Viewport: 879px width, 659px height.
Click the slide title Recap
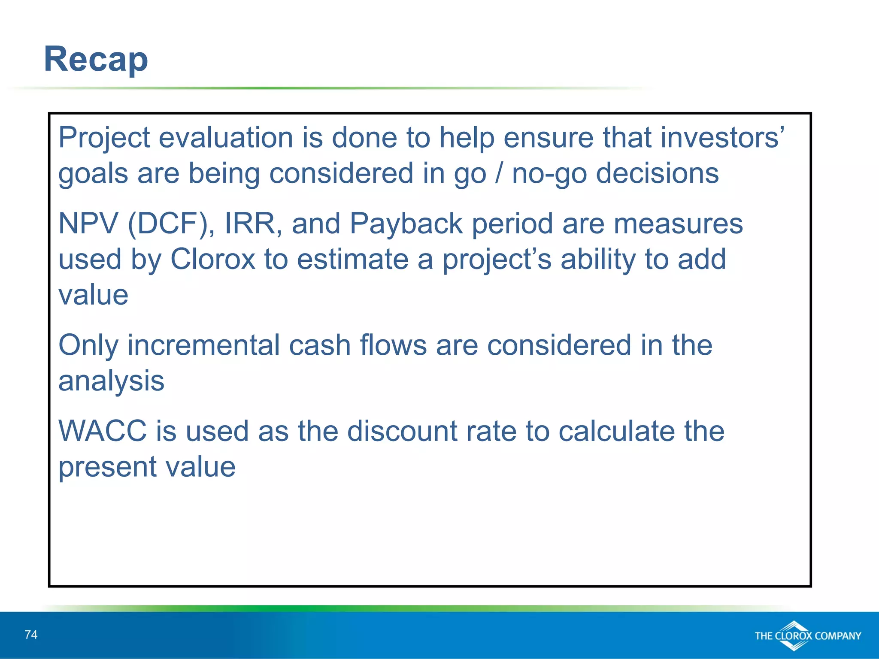(x=96, y=59)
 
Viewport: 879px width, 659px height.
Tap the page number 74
(x=31, y=635)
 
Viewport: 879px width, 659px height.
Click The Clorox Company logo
(x=807, y=635)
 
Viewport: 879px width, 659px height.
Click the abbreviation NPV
(x=88, y=224)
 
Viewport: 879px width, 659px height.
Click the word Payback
(x=406, y=224)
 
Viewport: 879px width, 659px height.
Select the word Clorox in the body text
(x=213, y=259)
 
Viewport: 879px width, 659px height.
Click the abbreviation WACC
(x=103, y=431)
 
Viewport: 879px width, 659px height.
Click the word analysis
(x=111, y=381)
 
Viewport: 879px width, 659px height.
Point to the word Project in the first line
(x=104, y=138)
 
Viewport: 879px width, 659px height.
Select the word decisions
(x=657, y=173)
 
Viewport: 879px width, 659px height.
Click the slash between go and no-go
(x=498, y=173)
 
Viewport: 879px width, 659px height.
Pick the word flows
(x=393, y=345)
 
